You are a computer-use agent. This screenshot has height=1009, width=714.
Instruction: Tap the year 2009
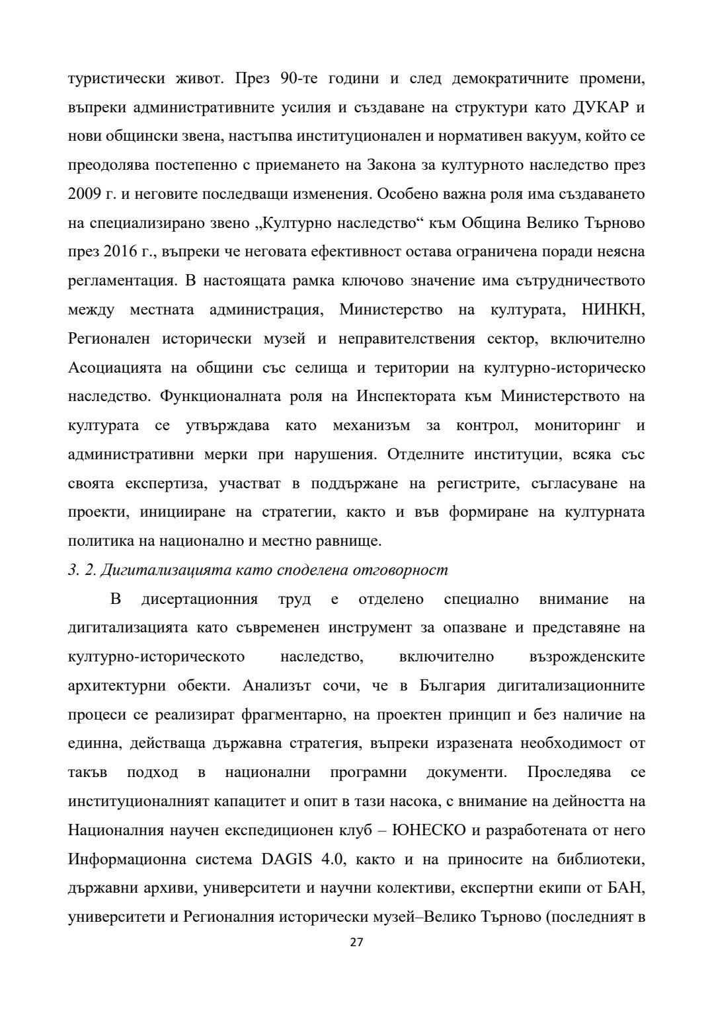point(84,195)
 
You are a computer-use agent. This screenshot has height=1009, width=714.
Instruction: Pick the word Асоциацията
point(110,367)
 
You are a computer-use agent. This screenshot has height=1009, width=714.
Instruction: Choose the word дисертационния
point(199,599)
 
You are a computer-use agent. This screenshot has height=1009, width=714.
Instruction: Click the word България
point(452,686)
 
